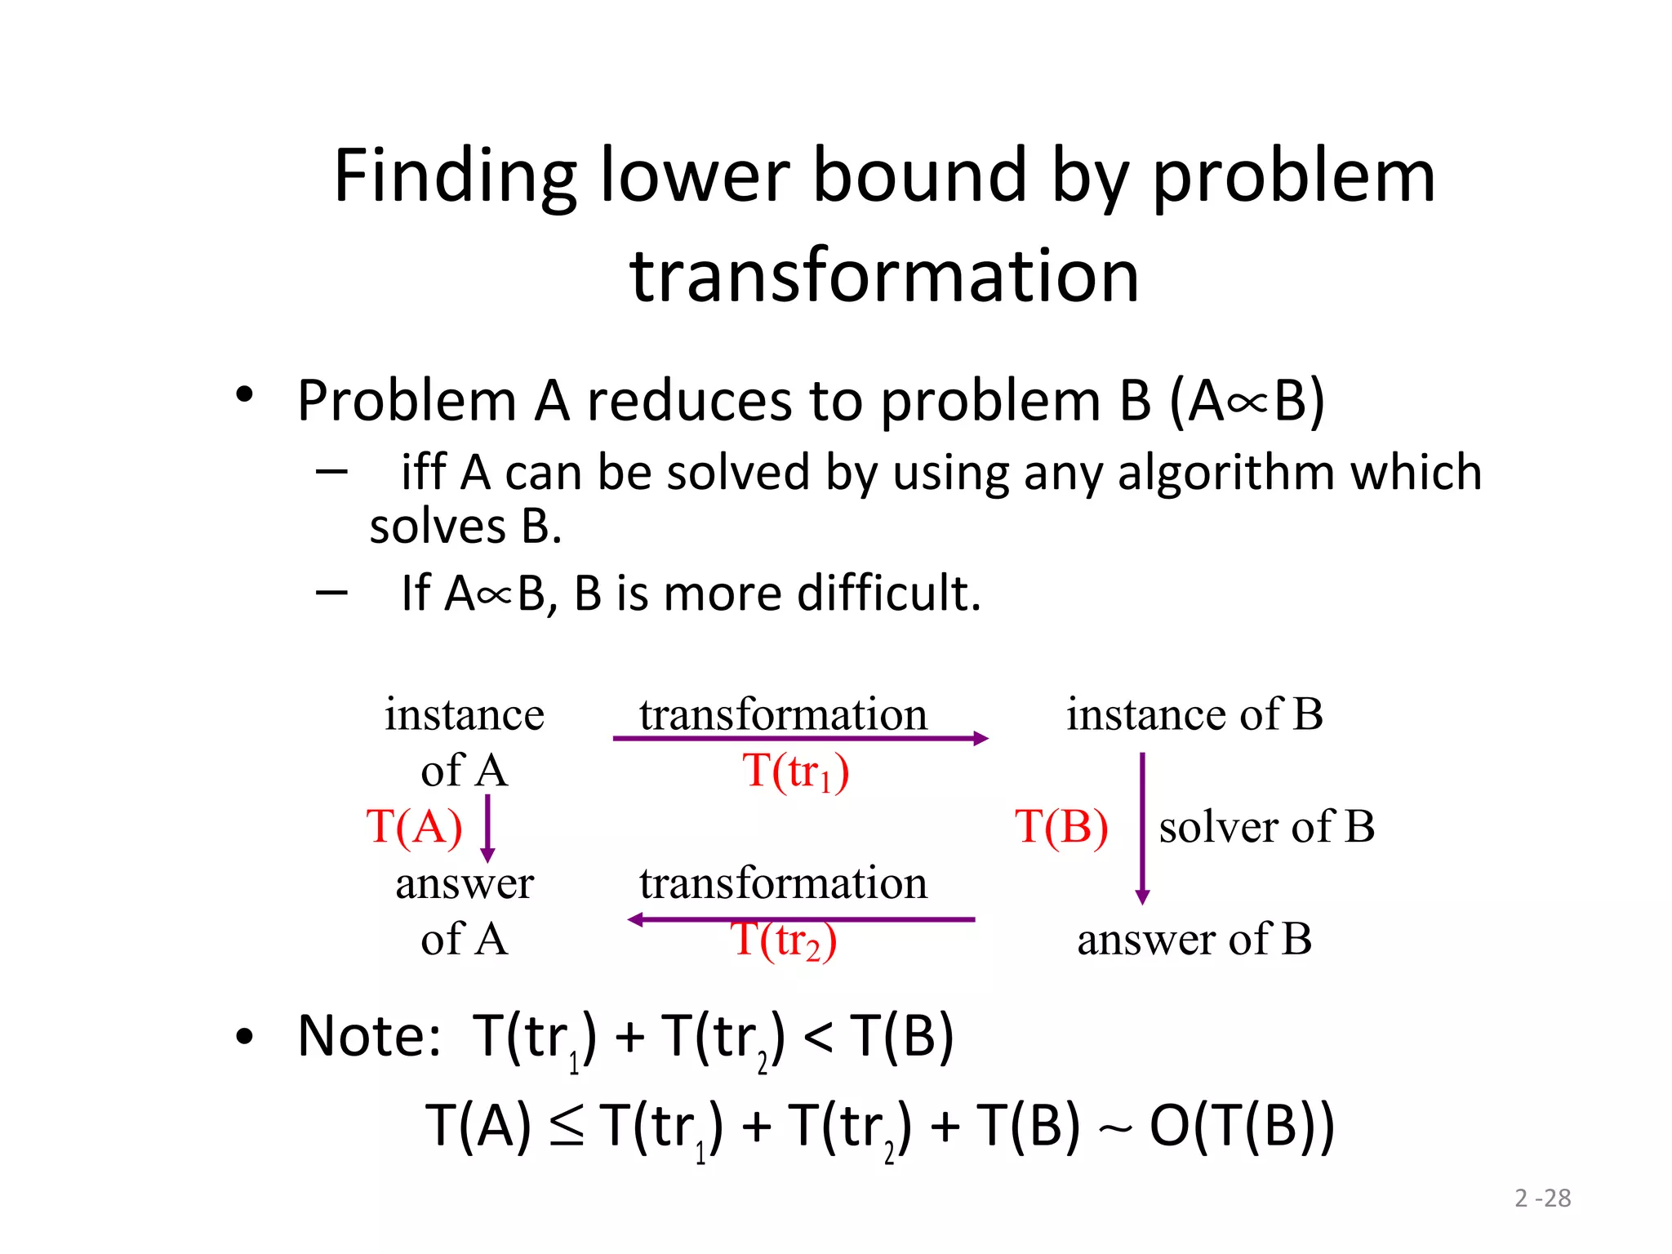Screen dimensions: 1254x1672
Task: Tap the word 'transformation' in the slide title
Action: [x=884, y=275]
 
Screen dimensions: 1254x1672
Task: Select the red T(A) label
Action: [x=414, y=826]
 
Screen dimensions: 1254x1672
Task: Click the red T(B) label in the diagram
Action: [x=1061, y=826]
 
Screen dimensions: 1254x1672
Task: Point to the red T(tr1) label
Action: [x=795, y=771]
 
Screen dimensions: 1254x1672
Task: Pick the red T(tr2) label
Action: [x=783, y=940]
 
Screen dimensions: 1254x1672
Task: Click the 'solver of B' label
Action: [x=1266, y=826]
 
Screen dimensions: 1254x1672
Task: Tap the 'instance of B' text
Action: [x=1194, y=714]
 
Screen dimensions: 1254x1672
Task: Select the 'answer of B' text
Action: [x=1194, y=939]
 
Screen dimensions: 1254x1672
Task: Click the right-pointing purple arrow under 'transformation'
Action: [x=800, y=739]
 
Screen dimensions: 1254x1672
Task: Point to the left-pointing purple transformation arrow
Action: [x=800, y=920]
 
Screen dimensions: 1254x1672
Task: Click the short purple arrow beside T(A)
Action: [x=487, y=829]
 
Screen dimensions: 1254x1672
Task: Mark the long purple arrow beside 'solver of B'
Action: [x=1142, y=829]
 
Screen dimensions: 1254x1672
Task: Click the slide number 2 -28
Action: [x=1542, y=1198]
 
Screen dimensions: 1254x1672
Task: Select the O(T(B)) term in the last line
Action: [x=1241, y=1125]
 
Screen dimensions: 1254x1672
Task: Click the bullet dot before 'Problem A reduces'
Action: [x=244, y=396]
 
